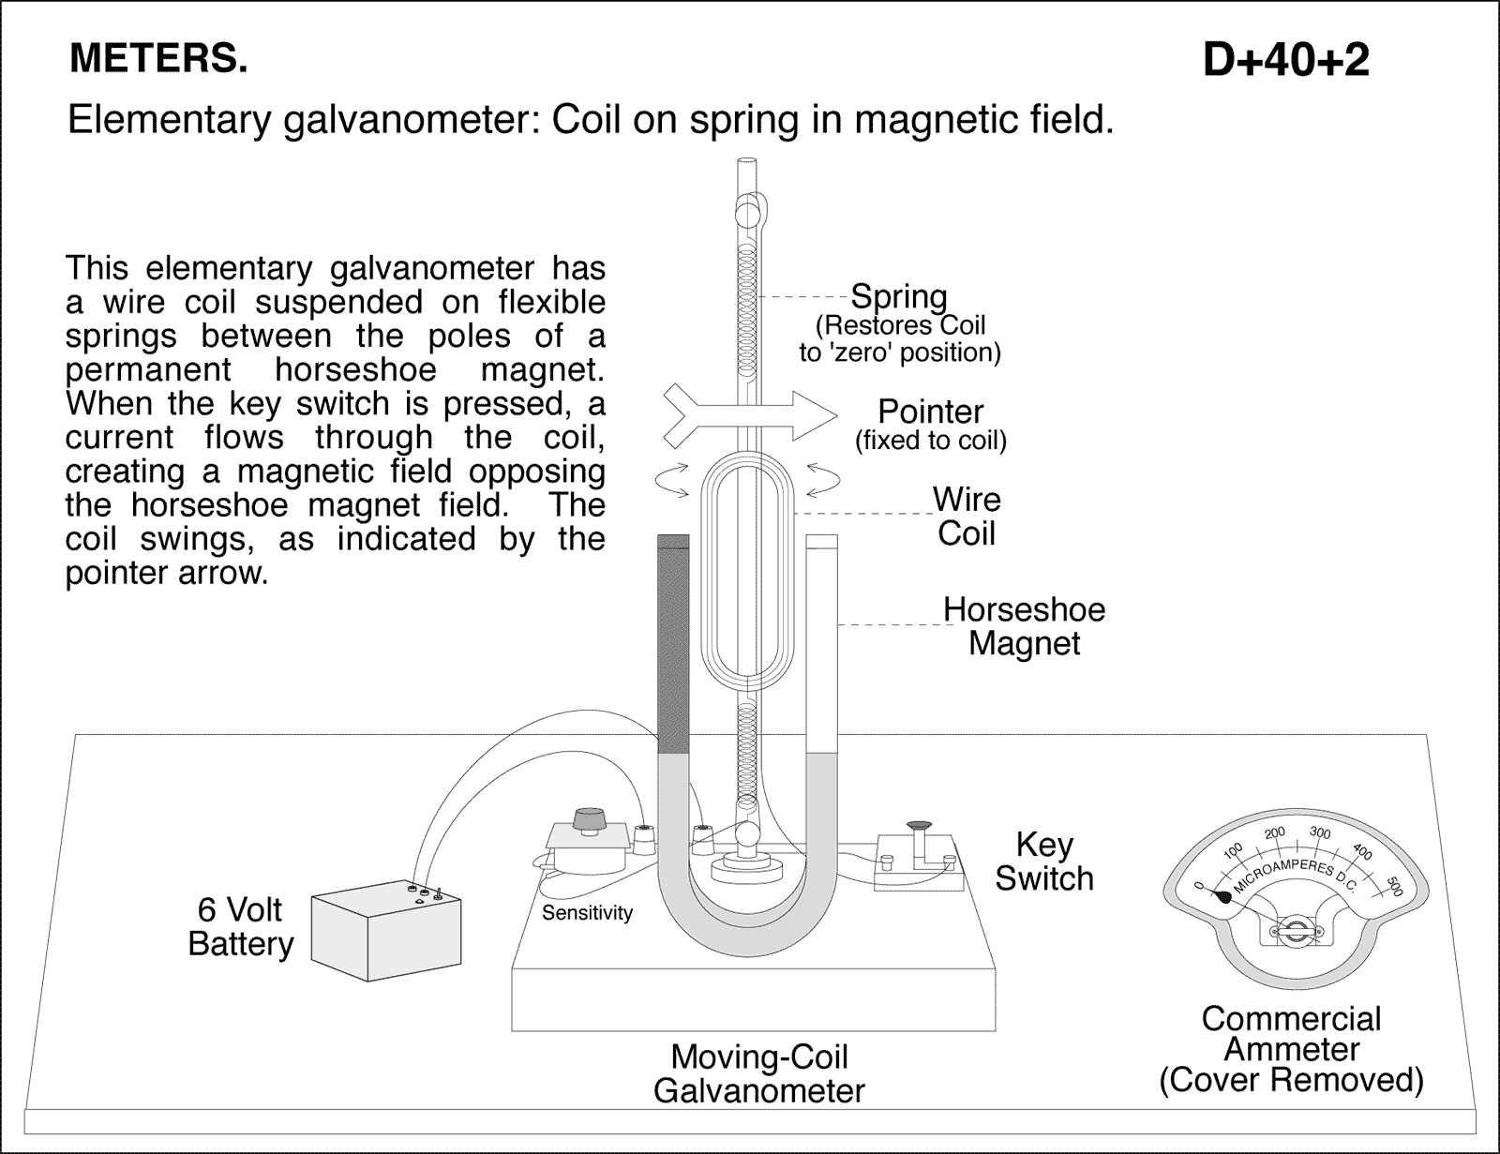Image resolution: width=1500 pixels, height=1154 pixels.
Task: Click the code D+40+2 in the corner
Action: pyautogui.click(x=1285, y=60)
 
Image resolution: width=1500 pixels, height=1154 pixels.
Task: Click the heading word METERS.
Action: pyautogui.click(x=158, y=58)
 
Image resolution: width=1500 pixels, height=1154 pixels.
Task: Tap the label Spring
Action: pyautogui.click(x=898, y=296)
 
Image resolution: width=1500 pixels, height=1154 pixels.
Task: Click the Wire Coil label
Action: pyautogui.click(x=967, y=516)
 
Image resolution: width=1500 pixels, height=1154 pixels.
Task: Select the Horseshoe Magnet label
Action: pyautogui.click(x=1024, y=626)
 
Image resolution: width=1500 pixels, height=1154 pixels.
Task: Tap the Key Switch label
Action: pyautogui.click(x=1043, y=861)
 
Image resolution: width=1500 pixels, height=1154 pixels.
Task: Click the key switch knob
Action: pyautogui.click(x=919, y=825)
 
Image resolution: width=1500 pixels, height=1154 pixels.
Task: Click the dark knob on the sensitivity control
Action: pyautogui.click(x=589, y=817)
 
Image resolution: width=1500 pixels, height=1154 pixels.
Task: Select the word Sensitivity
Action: pyautogui.click(x=587, y=912)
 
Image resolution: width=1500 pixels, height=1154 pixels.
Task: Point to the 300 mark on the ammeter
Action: pyautogui.click(x=1319, y=832)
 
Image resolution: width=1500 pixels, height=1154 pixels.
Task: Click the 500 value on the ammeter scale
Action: pyautogui.click(x=1394, y=886)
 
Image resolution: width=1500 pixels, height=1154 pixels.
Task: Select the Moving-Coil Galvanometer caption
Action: pyautogui.click(x=758, y=1073)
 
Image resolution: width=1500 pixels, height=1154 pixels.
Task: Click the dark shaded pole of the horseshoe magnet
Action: pyautogui.click(x=673, y=647)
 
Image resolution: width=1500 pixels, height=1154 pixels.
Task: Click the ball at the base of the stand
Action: pyautogui.click(x=748, y=833)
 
